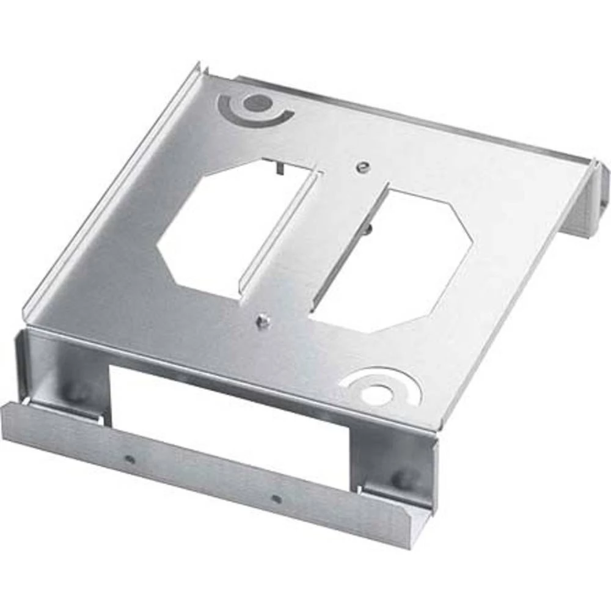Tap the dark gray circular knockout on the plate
[255, 103]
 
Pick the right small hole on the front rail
[276, 499]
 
